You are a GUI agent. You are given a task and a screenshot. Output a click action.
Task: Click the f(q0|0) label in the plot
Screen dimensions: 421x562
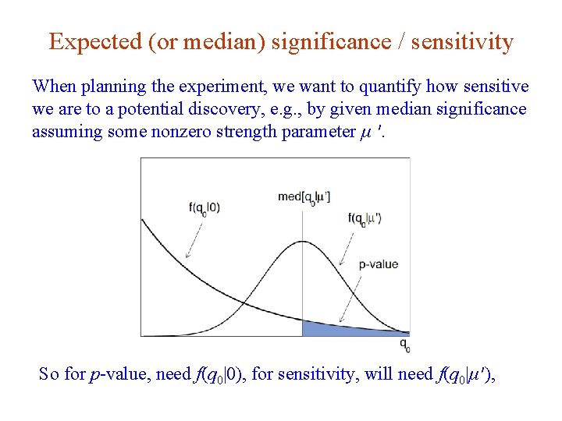(204, 207)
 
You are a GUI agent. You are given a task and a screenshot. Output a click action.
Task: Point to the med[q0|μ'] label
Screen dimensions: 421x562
(304, 196)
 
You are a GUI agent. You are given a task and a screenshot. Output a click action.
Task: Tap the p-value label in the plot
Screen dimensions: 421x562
(379, 264)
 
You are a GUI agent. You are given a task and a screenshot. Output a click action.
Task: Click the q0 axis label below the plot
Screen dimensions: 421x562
(404, 344)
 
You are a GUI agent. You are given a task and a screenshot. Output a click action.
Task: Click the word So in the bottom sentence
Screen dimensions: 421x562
(48, 374)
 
